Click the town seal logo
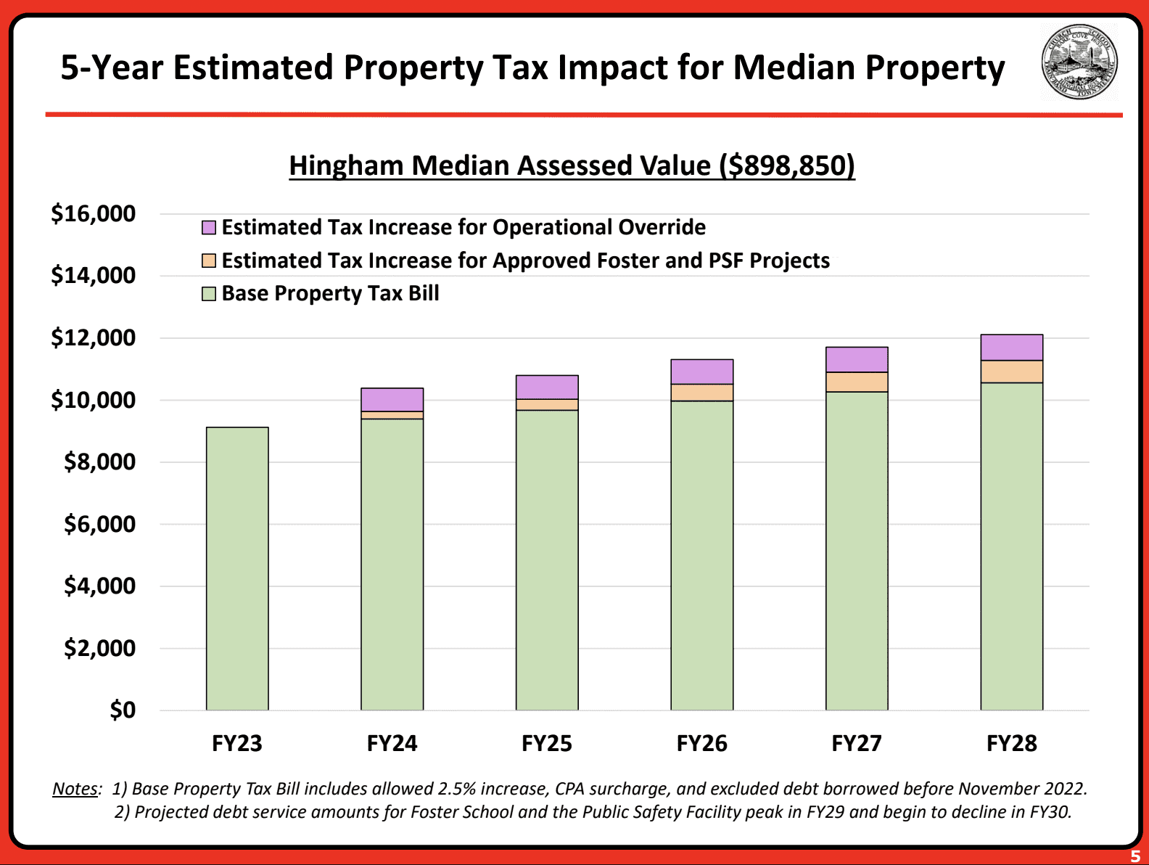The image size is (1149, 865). coord(1079,63)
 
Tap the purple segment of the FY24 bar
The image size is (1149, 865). coord(392,400)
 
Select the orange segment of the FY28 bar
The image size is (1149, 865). coord(1011,372)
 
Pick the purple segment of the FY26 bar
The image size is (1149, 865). coord(701,372)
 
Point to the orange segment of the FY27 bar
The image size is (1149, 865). coord(857,382)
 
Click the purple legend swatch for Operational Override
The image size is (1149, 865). coord(209,228)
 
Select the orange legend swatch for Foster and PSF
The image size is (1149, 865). coord(209,261)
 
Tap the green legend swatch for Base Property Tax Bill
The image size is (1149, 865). coord(209,294)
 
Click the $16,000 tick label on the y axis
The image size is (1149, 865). coord(93,214)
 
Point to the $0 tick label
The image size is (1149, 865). coord(123,710)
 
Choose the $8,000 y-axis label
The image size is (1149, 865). coord(99,462)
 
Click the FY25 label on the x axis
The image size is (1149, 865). coord(547,743)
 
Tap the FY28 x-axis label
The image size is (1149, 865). coord(1011,743)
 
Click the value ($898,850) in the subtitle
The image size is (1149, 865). coord(787,166)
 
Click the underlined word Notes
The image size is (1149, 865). coord(75,789)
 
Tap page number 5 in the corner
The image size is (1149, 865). coord(1135,856)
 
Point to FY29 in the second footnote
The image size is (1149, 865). coord(825,811)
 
